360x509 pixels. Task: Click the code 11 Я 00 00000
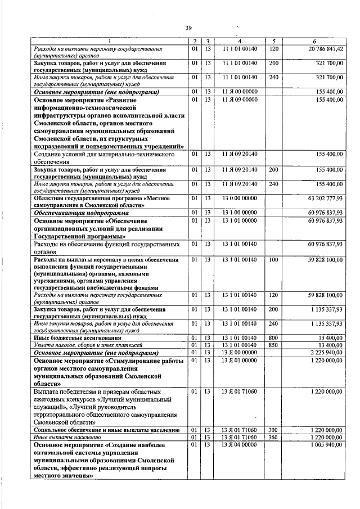click(x=240, y=91)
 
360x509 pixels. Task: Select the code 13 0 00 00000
click(x=240, y=198)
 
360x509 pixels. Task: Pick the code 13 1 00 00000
click(x=240, y=213)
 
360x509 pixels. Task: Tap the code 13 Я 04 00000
click(x=240, y=445)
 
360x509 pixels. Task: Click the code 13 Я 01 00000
click(x=240, y=359)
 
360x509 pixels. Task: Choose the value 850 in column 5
click(x=274, y=345)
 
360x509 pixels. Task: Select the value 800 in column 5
click(x=274, y=337)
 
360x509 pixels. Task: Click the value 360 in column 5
click(x=274, y=437)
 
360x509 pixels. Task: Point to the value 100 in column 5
click(x=274, y=260)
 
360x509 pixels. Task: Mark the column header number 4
click(x=240, y=41)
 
